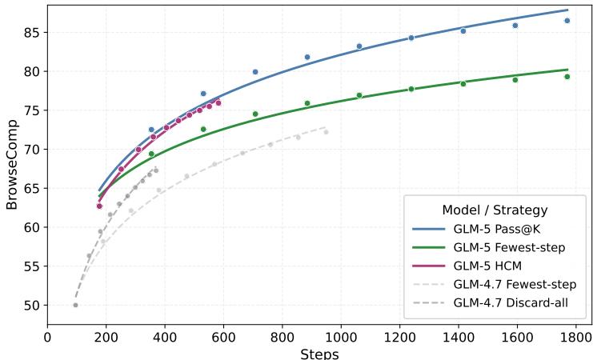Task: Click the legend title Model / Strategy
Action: tap(495, 210)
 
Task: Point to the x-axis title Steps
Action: tap(319, 354)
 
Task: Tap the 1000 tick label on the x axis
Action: tap(341, 338)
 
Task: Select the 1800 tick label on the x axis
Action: tap(576, 338)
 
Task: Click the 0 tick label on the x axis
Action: tap(47, 338)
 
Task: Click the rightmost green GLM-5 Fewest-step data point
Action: tap(567, 77)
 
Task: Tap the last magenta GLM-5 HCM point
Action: tap(218, 102)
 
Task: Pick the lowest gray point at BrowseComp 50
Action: tap(75, 305)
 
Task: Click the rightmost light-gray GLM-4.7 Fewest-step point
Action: tap(326, 132)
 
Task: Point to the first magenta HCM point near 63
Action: tap(99, 206)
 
